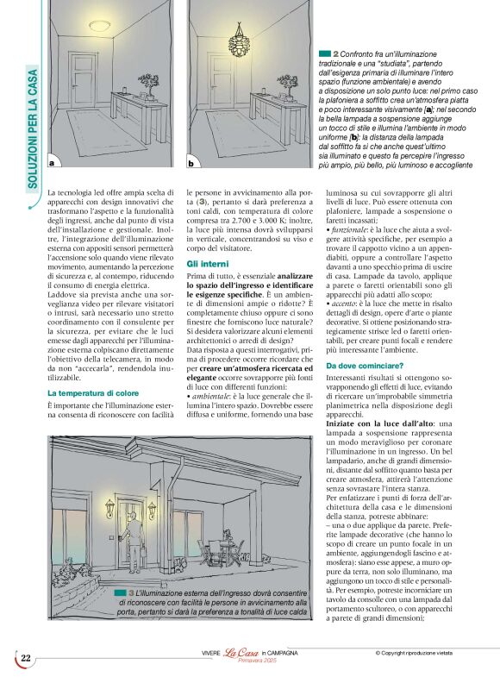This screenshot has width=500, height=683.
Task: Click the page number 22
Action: pyautogui.click(x=26, y=659)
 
